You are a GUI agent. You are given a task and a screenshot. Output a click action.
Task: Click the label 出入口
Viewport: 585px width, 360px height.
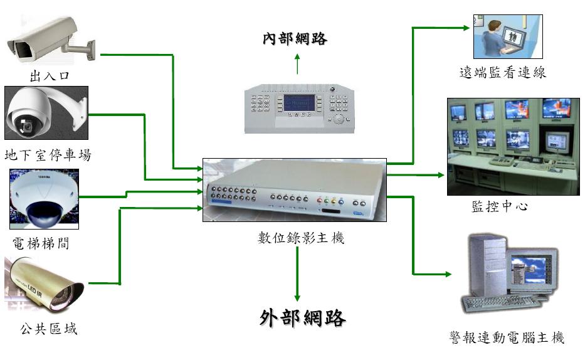pos(49,77)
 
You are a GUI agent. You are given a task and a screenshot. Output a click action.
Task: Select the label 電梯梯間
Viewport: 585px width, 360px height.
pos(41,243)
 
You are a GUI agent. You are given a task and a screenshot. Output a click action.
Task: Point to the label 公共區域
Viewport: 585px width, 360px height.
pos(48,329)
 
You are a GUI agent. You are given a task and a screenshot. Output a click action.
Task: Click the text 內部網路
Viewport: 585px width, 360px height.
pos(295,39)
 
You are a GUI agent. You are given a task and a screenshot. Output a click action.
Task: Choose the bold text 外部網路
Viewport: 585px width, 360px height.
pos(302,318)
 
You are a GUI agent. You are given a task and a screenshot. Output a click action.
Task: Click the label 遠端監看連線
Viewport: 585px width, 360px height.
pos(502,72)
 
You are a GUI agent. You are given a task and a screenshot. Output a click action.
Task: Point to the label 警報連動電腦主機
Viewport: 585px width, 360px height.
pos(507,338)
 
